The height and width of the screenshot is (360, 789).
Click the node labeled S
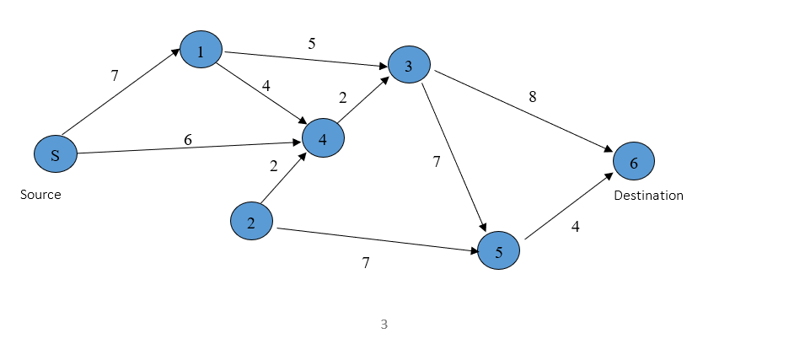point(55,155)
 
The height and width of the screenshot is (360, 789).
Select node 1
point(201,51)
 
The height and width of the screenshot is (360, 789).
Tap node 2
point(251,222)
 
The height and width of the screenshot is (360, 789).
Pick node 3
point(409,67)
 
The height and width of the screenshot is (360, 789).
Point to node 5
point(498,251)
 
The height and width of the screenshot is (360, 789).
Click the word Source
point(40,195)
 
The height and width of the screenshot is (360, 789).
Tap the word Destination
point(648,196)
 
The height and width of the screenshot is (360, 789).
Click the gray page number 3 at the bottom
point(384,324)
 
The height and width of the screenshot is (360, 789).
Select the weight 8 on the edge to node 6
point(532,97)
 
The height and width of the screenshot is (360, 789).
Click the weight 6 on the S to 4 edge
point(188,140)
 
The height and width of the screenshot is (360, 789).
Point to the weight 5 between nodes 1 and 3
point(311,44)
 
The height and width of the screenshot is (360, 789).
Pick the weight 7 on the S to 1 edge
point(115,76)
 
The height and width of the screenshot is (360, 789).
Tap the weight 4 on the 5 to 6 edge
point(576,227)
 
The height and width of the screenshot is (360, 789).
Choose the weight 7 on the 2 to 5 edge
point(366,263)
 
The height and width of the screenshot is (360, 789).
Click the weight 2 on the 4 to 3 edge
point(342,98)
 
